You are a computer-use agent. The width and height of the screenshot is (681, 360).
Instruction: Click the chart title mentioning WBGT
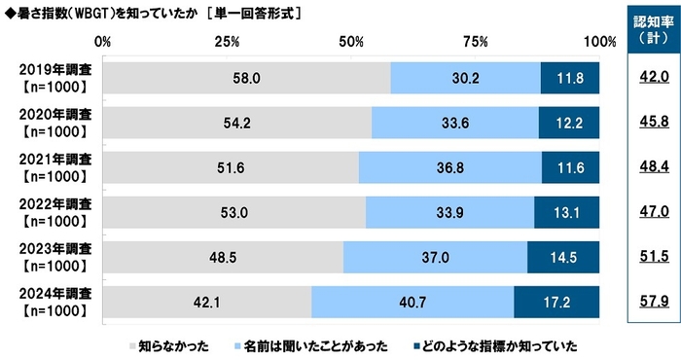click(152, 15)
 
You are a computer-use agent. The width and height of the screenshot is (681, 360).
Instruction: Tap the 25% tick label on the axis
click(227, 42)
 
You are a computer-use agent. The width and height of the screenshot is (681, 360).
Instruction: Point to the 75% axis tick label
click(475, 42)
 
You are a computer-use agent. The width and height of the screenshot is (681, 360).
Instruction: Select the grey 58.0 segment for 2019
click(246, 78)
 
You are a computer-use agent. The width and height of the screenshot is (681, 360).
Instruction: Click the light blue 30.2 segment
click(465, 78)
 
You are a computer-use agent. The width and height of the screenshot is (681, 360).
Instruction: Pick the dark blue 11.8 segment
click(570, 78)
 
